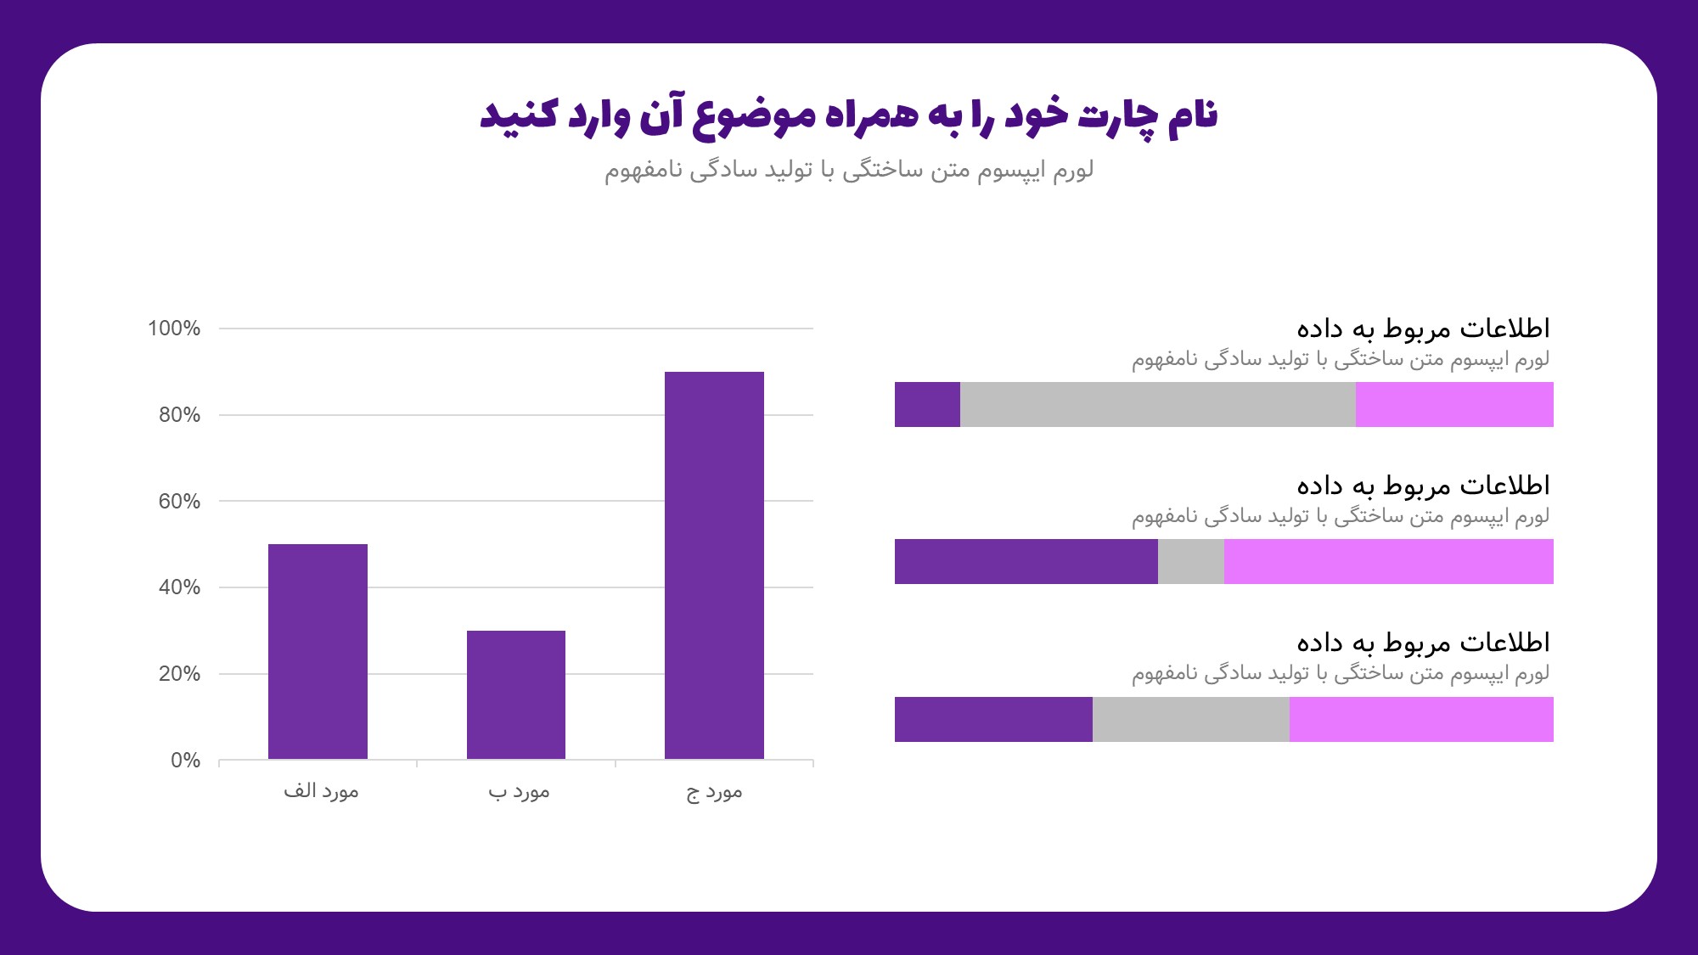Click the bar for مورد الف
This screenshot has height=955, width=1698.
(318, 651)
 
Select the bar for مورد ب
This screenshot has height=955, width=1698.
(516, 694)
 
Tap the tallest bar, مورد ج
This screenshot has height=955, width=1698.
(714, 565)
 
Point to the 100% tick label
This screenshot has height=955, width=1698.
(174, 329)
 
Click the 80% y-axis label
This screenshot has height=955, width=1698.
(179, 415)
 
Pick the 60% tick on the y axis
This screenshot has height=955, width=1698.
(179, 502)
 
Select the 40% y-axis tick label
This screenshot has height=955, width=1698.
(179, 587)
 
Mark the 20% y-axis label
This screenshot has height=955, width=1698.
(179, 674)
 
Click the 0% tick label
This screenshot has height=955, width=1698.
(185, 761)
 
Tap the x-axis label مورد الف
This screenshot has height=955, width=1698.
(321, 791)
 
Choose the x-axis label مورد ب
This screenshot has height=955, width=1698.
(519, 792)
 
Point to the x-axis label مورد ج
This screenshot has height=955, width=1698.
(714, 792)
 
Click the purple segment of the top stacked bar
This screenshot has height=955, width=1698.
(927, 404)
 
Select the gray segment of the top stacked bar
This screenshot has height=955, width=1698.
(1157, 404)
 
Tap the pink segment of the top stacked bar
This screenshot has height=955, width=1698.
(1454, 404)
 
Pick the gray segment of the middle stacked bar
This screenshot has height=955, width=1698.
(1190, 561)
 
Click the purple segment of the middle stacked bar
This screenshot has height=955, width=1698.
(1026, 561)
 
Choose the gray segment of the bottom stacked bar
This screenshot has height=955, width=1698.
(1190, 719)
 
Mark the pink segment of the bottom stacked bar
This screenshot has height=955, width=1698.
(1421, 719)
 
